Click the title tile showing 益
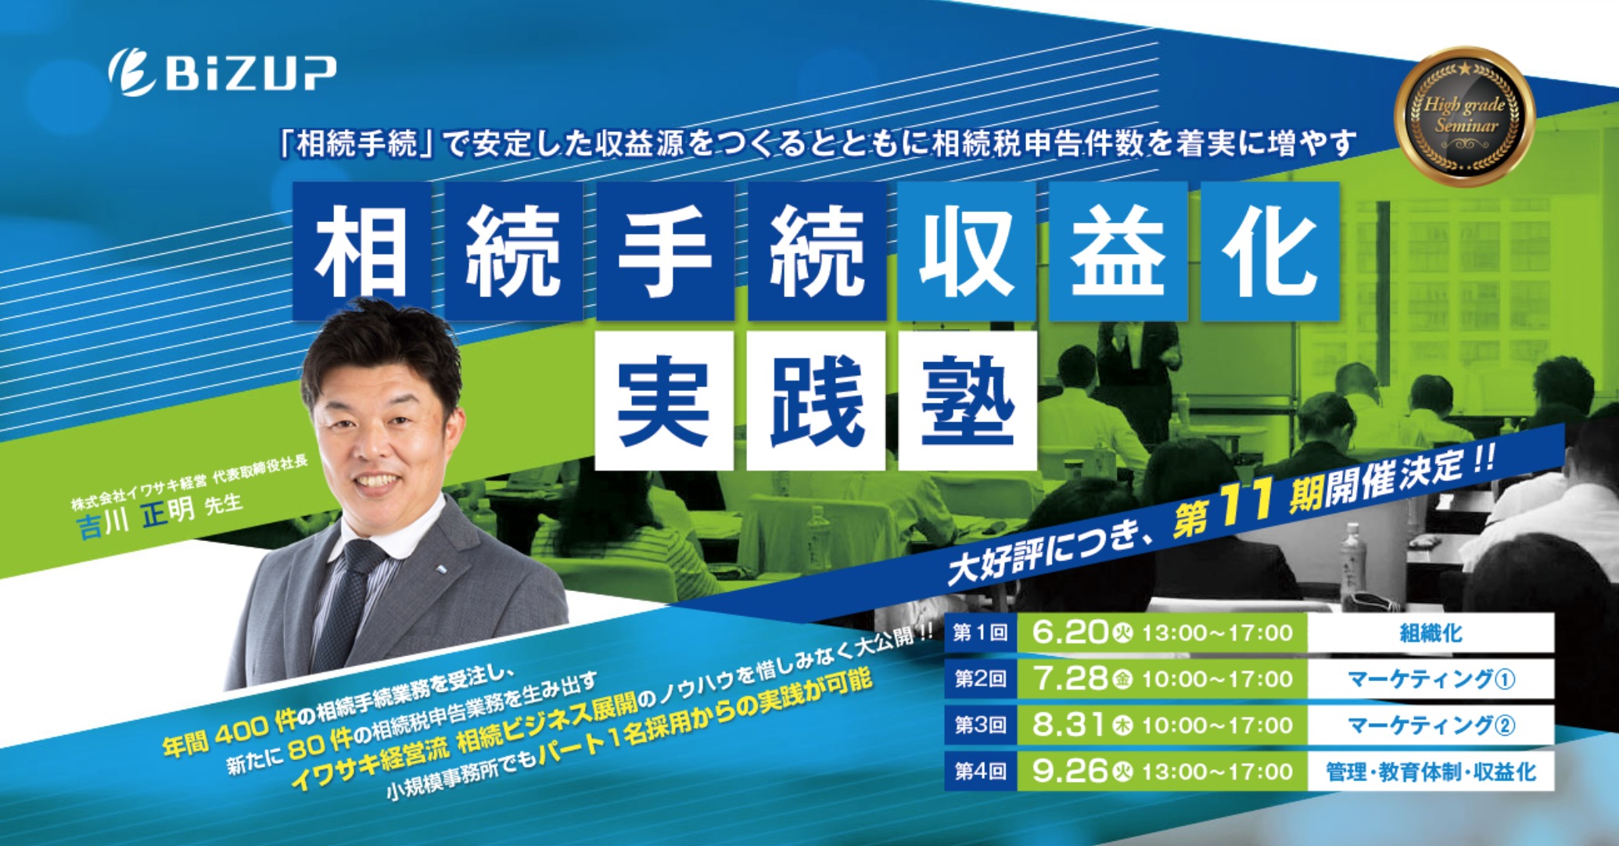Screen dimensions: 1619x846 pyautogui.click(x=1118, y=251)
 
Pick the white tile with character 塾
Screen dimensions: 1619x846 pyautogui.click(x=967, y=400)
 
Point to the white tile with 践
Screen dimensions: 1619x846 pyautogui.click(x=816, y=400)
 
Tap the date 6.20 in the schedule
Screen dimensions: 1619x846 pyautogui.click(x=1069, y=632)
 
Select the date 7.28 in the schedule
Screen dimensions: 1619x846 pyautogui.click(x=1069, y=678)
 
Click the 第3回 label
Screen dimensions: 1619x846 pyautogui.click(x=980, y=725)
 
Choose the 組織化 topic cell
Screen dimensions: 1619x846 pyautogui.click(x=1430, y=633)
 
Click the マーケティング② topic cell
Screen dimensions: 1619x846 pyautogui.click(x=1430, y=725)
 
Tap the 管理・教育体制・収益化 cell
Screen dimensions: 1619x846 pyautogui.click(x=1430, y=771)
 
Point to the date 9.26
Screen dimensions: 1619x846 pyautogui.click(x=1069, y=771)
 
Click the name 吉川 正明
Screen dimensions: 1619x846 pyautogui.click(x=135, y=518)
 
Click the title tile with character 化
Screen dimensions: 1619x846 pyautogui.click(x=1269, y=251)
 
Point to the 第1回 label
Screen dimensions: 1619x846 pyautogui.click(x=980, y=633)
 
